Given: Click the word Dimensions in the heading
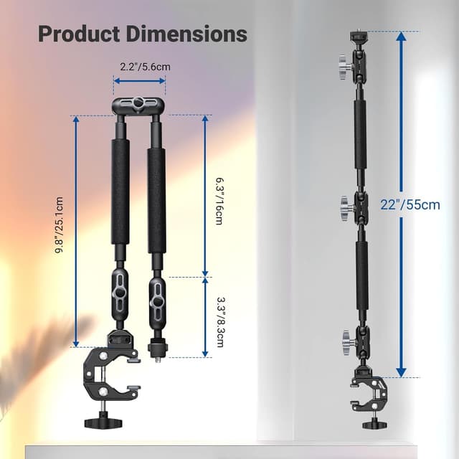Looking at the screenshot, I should click(188, 33).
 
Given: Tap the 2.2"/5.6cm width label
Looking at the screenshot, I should click(140, 66).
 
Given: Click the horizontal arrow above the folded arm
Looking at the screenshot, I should click(140, 81).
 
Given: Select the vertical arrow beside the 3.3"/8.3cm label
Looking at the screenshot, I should click(205, 316).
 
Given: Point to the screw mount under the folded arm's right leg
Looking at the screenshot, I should click(153, 350).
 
